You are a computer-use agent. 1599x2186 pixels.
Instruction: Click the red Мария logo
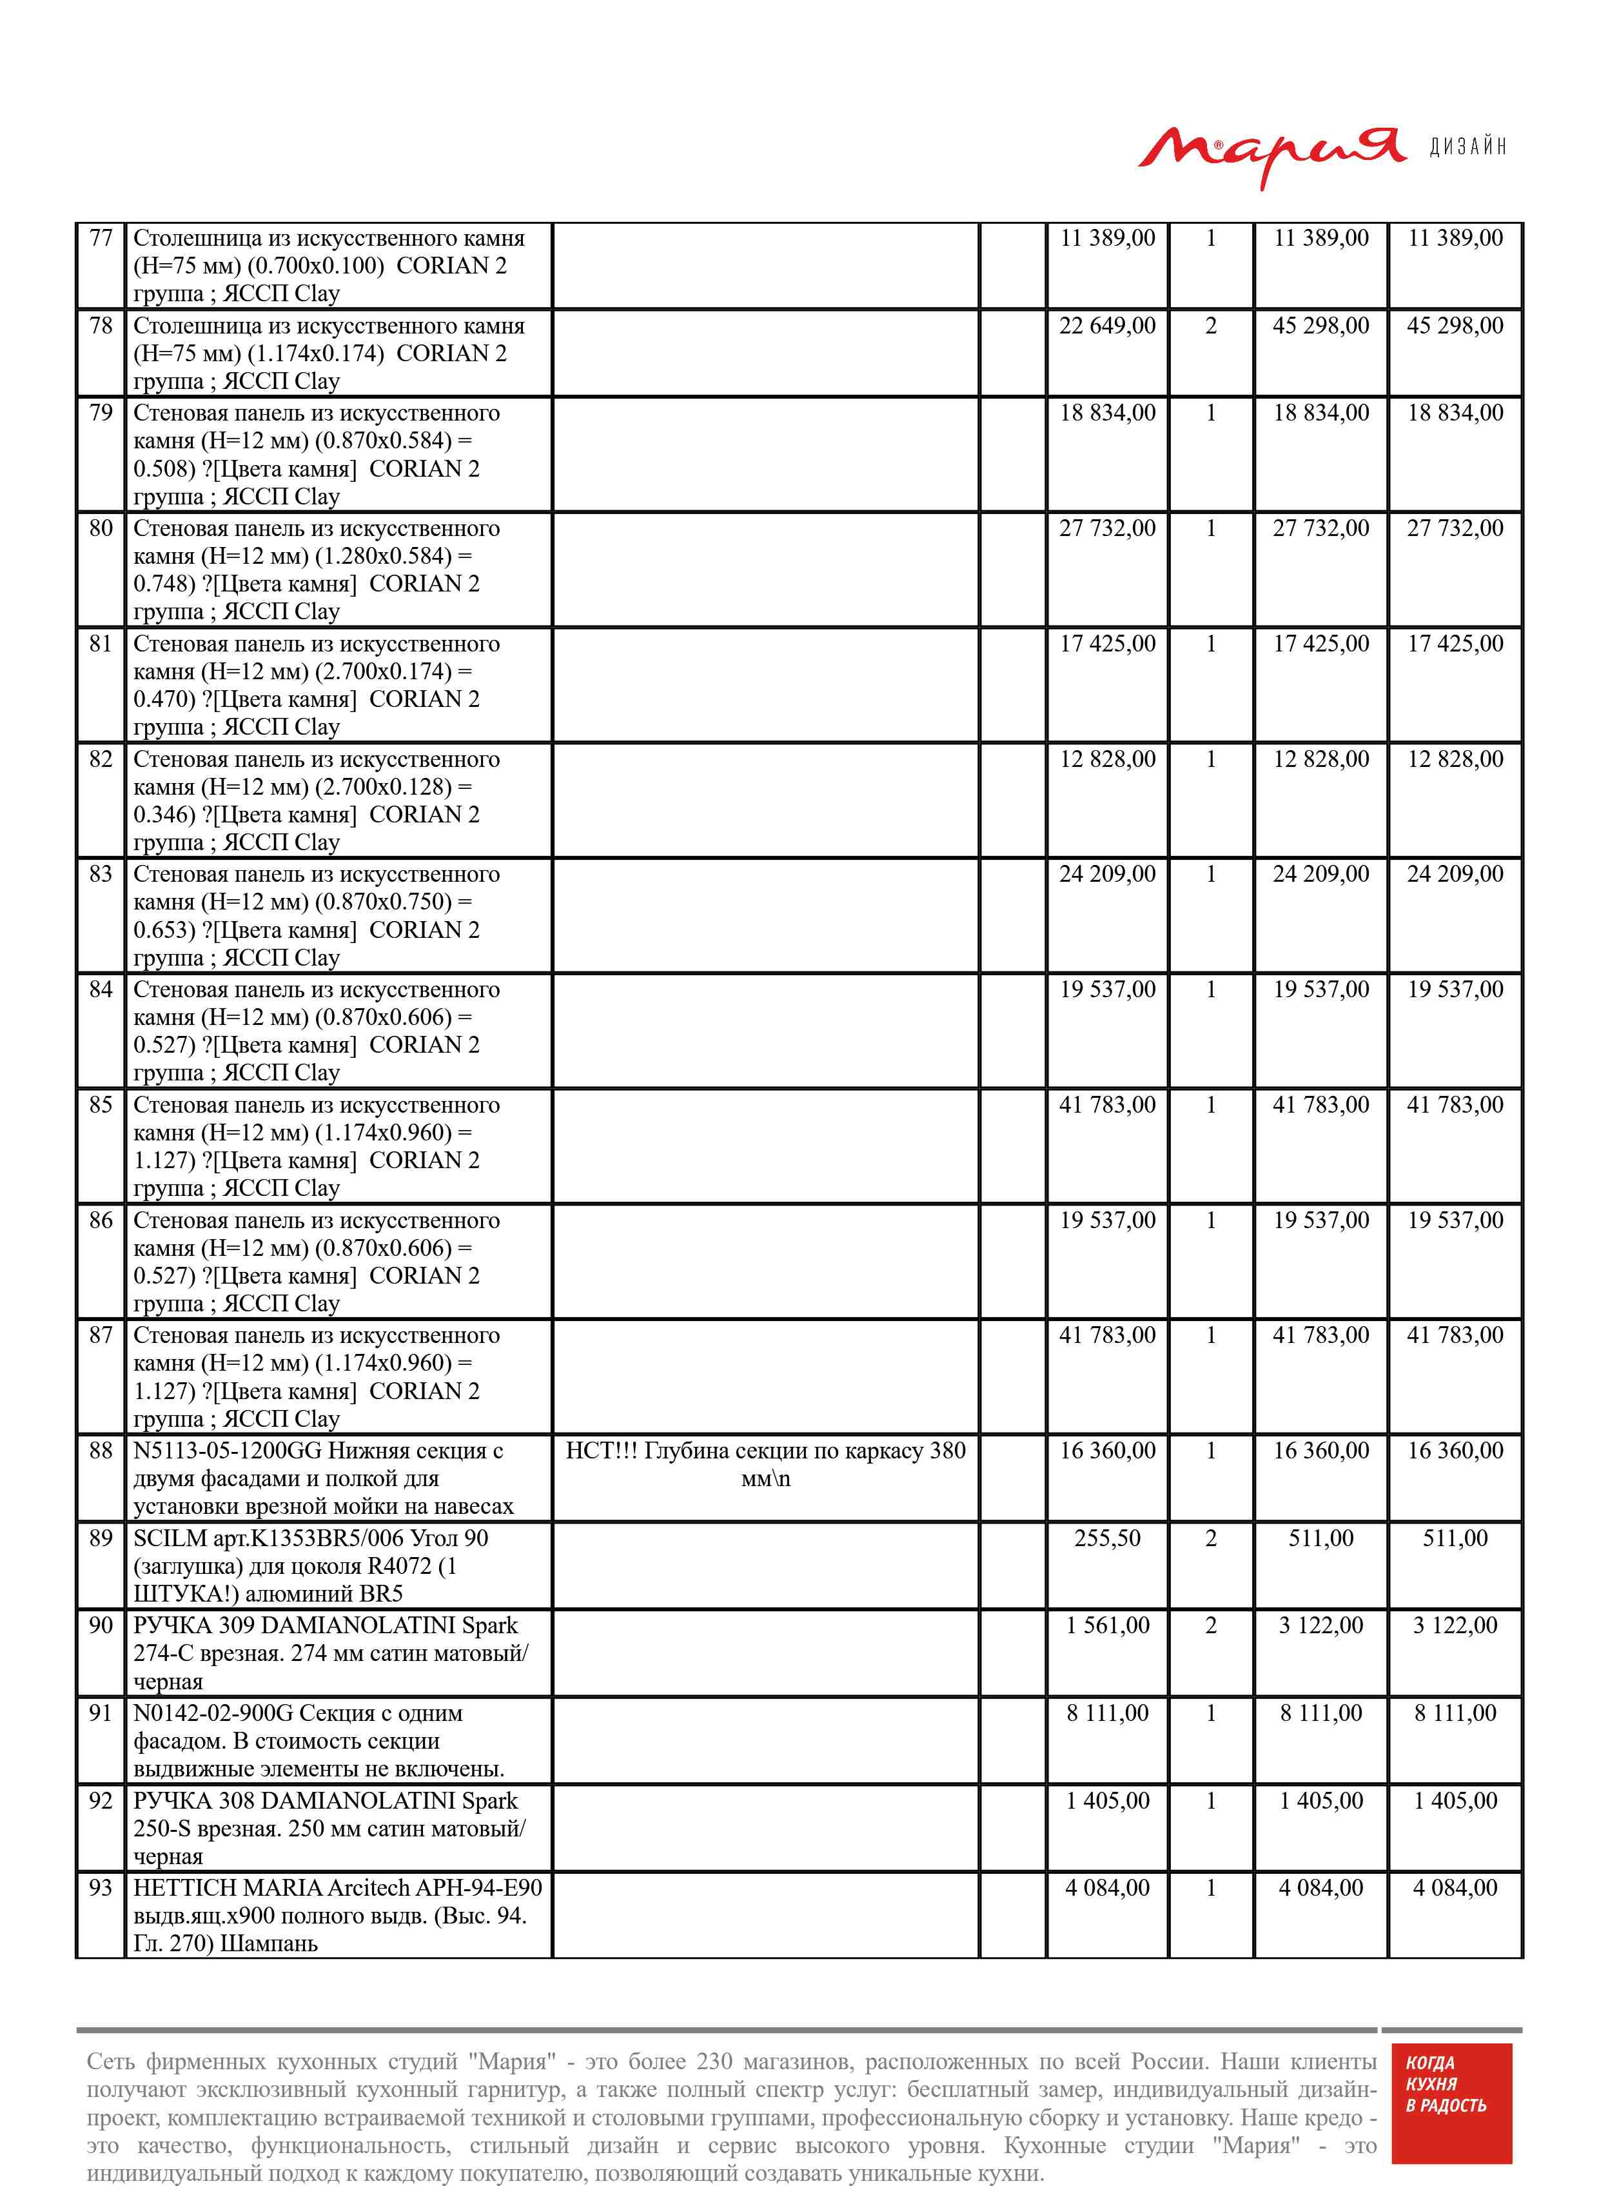coord(1270,152)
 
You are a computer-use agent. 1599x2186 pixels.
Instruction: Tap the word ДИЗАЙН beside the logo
coord(1467,147)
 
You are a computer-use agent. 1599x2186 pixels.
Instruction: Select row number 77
coord(101,238)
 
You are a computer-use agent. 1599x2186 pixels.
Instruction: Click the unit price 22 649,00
coord(1107,326)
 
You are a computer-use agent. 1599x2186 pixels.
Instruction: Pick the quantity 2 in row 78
coord(1210,326)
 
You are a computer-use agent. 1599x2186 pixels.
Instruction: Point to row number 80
coord(101,528)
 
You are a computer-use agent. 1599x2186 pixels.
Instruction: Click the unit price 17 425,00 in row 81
coord(1107,644)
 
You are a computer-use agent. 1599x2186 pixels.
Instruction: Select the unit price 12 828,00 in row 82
coord(1107,759)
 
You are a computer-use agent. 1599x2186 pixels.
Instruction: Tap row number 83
coord(101,874)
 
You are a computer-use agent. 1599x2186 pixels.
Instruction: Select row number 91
coord(101,1713)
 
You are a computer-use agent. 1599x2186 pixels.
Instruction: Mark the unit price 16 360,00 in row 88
coord(1107,1450)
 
